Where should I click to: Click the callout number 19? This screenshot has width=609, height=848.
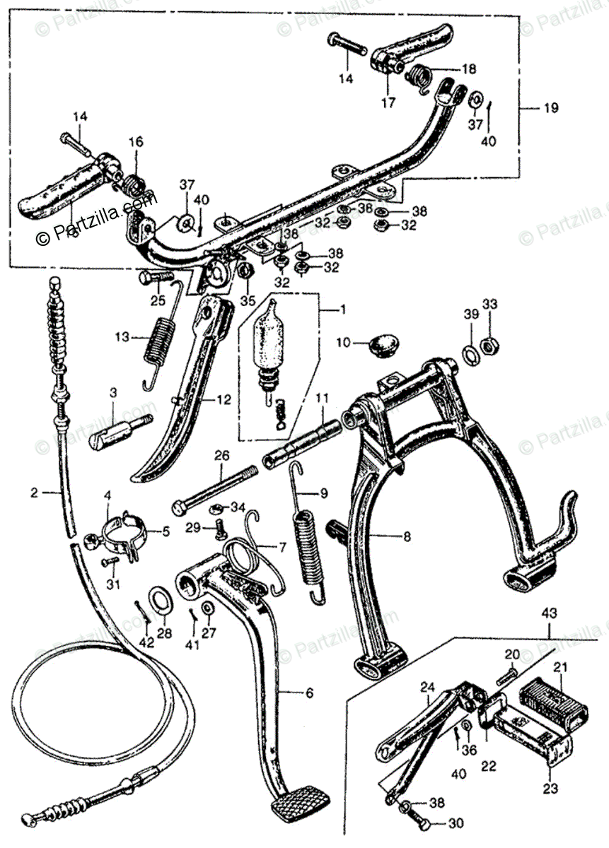[551, 108]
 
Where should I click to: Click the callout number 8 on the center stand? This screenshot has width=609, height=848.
[407, 536]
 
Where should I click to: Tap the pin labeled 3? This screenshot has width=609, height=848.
[120, 430]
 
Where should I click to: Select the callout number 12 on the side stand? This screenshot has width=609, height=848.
[224, 399]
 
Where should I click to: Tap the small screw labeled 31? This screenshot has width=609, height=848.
[111, 562]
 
